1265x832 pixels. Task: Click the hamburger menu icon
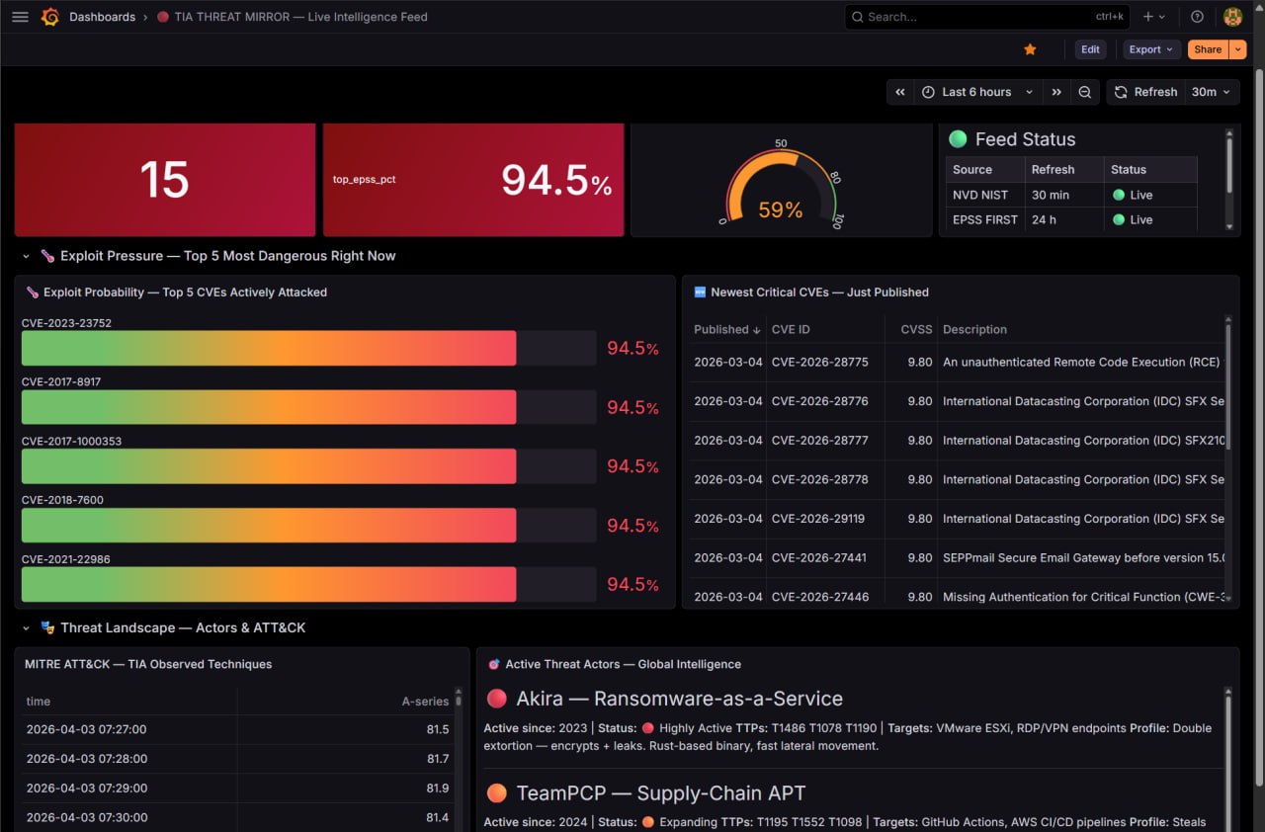tap(20, 17)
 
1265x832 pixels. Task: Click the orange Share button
tap(1208, 49)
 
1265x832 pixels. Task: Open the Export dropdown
tap(1151, 49)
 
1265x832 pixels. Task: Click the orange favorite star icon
tap(1030, 49)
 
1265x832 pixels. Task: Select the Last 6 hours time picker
tap(976, 92)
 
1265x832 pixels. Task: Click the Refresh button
tap(1146, 92)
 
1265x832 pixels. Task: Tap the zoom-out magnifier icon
tap(1084, 92)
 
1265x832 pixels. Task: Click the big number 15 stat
tap(164, 180)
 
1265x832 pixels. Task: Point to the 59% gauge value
tap(780, 209)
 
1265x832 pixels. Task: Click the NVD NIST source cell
tap(979, 195)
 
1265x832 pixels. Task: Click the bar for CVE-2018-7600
tap(269, 526)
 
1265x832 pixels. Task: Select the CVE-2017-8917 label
tap(61, 381)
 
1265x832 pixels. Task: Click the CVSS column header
tap(916, 329)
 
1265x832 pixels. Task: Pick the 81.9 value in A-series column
tap(437, 788)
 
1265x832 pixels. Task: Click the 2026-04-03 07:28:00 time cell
tap(87, 758)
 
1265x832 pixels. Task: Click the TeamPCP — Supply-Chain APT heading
tap(660, 793)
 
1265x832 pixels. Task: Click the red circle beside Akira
tap(497, 699)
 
